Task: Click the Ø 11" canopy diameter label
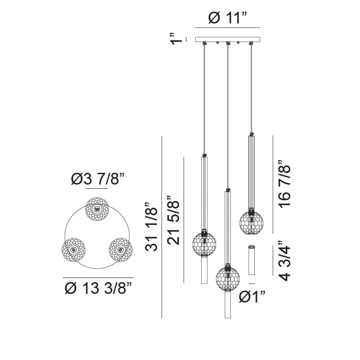coord(228,19)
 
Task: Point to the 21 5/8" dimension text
coord(174,220)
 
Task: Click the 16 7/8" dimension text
coord(285,184)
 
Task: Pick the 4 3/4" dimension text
coord(285,260)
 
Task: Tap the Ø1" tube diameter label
coord(252,297)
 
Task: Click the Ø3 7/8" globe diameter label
coord(97,180)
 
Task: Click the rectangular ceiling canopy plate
coord(228,40)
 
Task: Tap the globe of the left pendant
coord(204,244)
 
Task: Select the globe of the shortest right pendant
coord(252,222)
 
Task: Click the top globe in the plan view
coord(97,209)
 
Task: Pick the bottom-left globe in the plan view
coord(74,249)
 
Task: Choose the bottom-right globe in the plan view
coord(120,249)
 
